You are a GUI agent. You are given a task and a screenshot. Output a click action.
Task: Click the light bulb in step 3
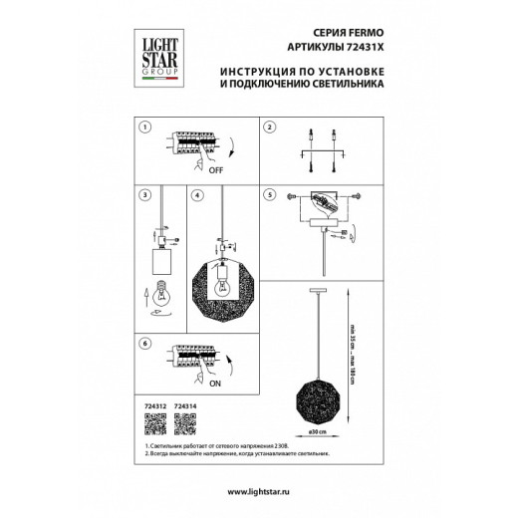(155, 298)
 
